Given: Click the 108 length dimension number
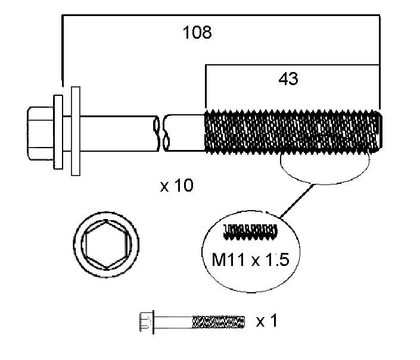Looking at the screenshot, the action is point(197,32).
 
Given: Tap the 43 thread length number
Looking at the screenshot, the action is point(288,79).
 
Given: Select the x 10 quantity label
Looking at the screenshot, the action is point(176,185).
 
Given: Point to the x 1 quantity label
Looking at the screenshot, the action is point(266,321).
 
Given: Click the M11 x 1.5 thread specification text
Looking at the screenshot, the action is point(250,259).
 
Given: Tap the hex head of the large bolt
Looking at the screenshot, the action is point(40,133).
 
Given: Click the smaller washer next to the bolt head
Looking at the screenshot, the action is point(58,132).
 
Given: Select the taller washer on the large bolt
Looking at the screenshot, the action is point(76,131).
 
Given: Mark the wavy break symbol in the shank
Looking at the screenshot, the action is point(161,133).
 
